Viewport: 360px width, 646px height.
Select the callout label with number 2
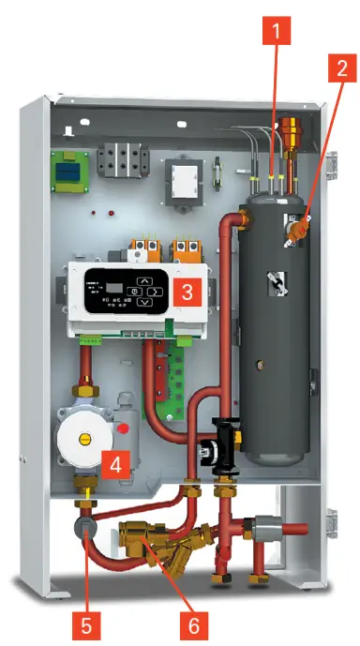coord(340,68)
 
